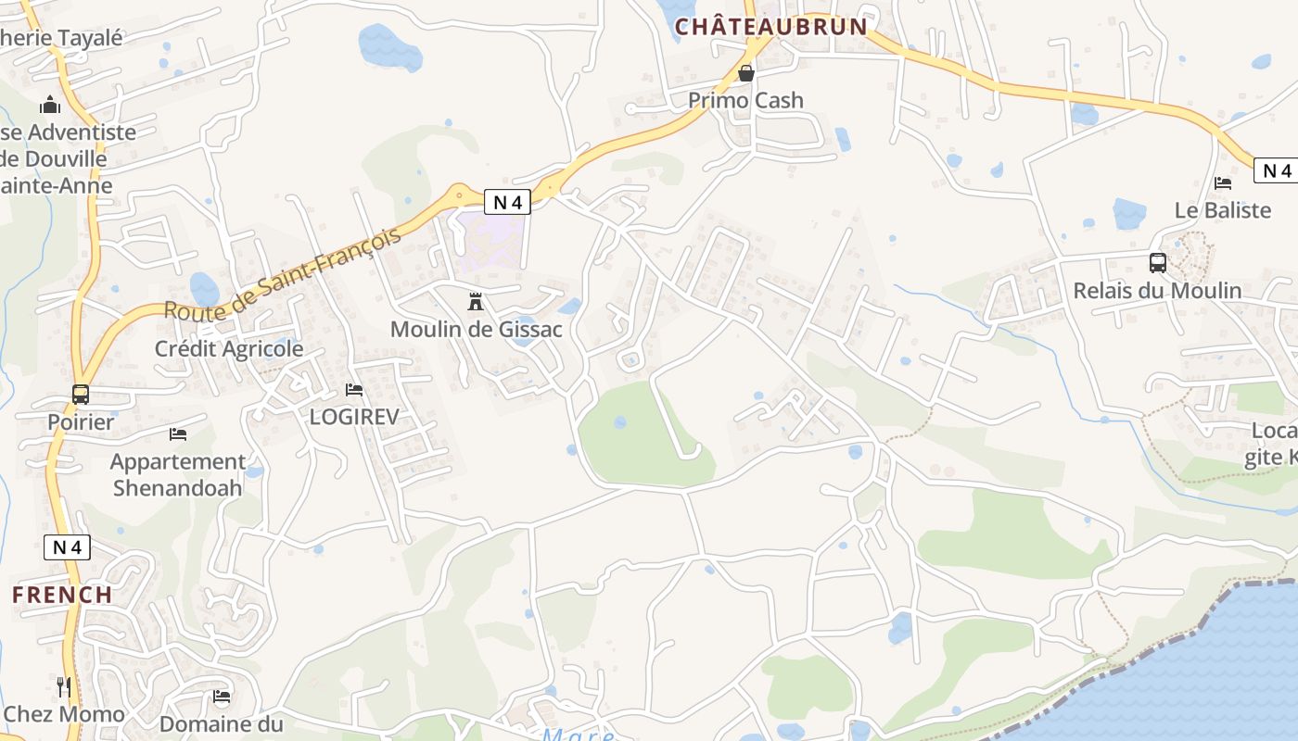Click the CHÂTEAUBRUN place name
click(770, 27)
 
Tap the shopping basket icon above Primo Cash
click(746, 73)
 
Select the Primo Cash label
click(745, 100)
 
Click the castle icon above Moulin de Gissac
click(476, 301)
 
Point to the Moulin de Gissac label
click(476, 329)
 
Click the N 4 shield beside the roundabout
click(507, 201)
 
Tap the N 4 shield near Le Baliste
click(1276, 170)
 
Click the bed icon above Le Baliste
click(1223, 183)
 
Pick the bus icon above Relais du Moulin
click(1158, 263)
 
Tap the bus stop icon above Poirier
click(81, 395)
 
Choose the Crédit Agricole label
click(229, 348)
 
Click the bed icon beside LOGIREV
click(353, 390)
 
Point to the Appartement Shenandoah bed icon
click(178, 433)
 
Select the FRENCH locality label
click(62, 595)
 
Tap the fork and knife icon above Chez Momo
click(64, 686)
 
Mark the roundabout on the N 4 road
click(457, 196)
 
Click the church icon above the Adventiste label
click(50, 106)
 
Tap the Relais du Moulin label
click(1157, 291)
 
